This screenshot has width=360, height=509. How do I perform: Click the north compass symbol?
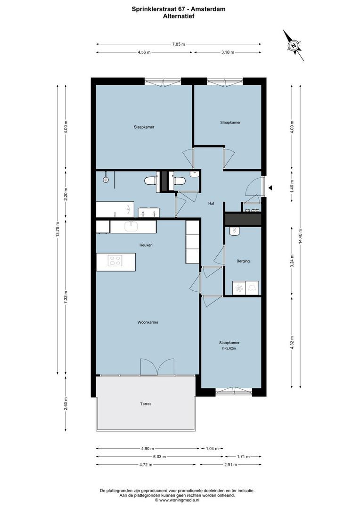point(294,46)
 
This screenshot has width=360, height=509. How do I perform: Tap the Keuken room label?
point(146,245)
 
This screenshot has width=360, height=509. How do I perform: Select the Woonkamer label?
point(147,322)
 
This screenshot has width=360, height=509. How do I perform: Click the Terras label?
point(146,404)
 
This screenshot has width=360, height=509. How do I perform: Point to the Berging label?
point(243,261)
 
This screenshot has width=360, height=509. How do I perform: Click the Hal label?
point(212,204)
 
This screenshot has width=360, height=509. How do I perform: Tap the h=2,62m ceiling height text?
point(229,349)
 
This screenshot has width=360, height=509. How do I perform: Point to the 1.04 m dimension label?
point(212,449)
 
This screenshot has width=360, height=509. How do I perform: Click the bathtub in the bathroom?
point(115,208)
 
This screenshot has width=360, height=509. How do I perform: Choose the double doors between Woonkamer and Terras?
point(157,367)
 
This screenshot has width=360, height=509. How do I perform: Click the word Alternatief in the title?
point(179,16)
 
